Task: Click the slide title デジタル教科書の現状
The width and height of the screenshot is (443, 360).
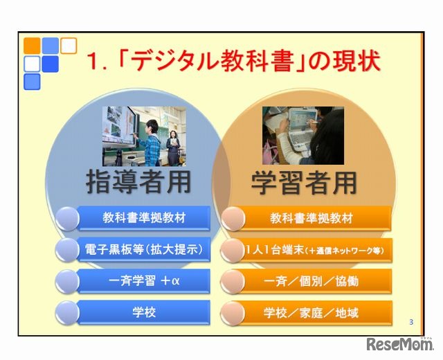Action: (232, 62)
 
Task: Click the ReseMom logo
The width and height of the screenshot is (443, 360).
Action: (401, 345)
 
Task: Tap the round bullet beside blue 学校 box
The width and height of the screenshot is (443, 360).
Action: (67, 313)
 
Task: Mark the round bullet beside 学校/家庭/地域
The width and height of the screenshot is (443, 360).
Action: (233, 313)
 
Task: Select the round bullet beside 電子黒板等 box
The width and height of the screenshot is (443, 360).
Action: (67, 250)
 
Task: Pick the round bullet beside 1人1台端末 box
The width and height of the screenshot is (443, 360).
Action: (233, 250)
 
